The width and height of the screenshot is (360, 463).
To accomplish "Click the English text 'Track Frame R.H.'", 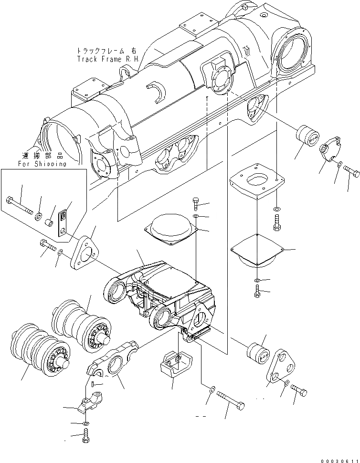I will point(107,59).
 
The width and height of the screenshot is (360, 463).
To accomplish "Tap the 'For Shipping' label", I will point(42,164).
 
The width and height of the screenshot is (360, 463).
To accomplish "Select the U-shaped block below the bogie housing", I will point(174,365).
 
